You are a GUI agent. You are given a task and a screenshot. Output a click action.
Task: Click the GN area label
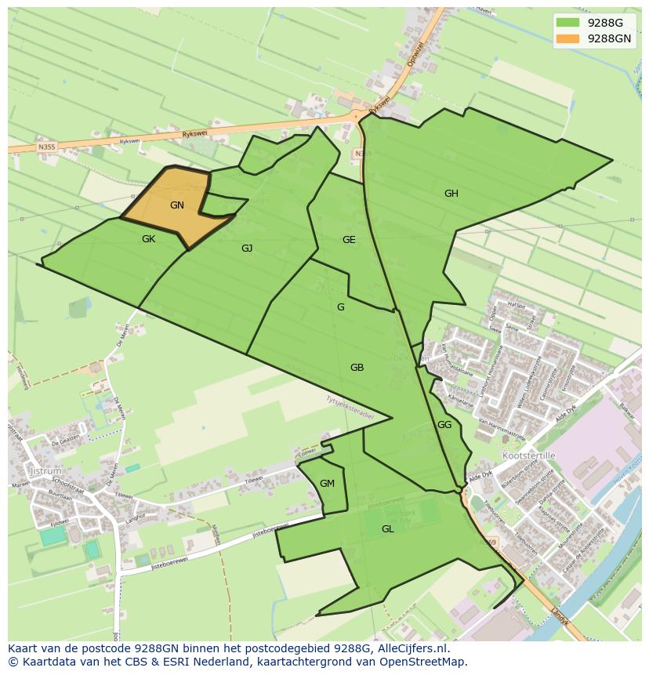pyautogui.click(x=177, y=205)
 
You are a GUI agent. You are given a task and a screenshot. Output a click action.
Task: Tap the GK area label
pyautogui.click(x=148, y=239)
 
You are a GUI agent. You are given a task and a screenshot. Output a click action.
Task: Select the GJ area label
pyautogui.click(x=247, y=249)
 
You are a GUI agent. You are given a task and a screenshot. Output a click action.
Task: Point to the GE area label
pyautogui.click(x=349, y=240)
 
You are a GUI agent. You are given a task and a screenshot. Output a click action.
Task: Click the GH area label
pyautogui.click(x=451, y=194)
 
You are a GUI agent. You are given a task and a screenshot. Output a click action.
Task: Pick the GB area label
pyautogui.click(x=357, y=368)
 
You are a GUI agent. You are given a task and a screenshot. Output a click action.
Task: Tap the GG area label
pyautogui.click(x=444, y=425)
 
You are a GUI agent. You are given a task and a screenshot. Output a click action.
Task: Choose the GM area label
pyautogui.click(x=327, y=484)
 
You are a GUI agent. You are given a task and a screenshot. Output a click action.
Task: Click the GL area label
pyautogui.click(x=387, y=529)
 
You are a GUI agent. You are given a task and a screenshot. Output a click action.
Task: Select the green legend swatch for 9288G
pyautogui.click(x=567, y=22)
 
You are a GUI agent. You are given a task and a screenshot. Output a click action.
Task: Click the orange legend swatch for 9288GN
pyautogui.click(x=567, y=38)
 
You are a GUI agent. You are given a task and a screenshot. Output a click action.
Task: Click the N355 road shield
pyautogui.click(x=47, y=146)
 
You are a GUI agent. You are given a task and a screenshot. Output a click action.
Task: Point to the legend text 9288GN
pyautogui.click(x=609, y=38)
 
